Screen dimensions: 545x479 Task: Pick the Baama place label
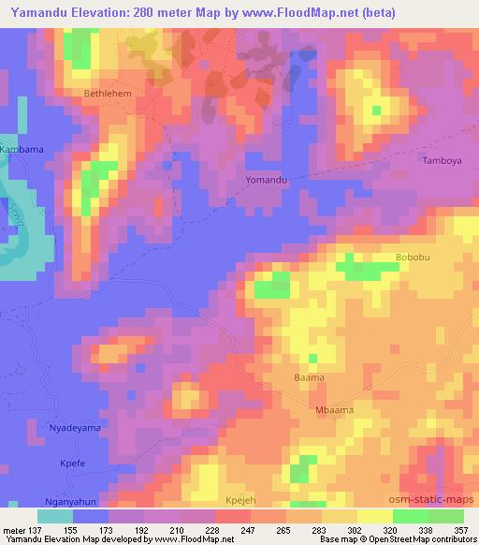click(x=309, y=377)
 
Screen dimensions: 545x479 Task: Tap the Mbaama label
click(x=332, y=408)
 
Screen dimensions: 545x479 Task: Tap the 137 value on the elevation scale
click(x=34, y=529)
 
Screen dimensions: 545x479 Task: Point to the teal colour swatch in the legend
click(x=54, y=516)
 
